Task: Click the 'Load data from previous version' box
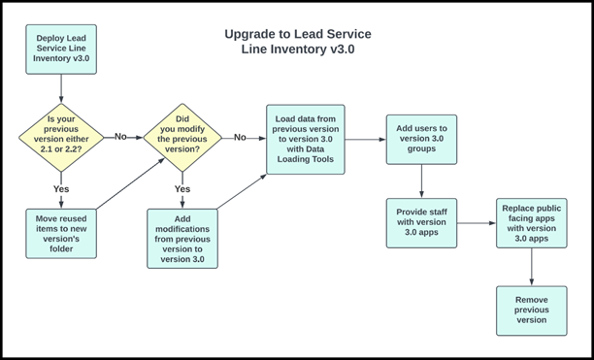(305, 139)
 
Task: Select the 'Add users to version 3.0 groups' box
(421, 139)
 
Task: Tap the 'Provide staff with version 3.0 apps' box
(421, 222)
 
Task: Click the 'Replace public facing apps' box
(531, 222)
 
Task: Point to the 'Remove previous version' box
(531, 311)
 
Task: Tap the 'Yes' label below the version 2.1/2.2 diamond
(61, 189)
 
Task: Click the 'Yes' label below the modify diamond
(182, 189)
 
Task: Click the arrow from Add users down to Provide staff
(421, 181)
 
